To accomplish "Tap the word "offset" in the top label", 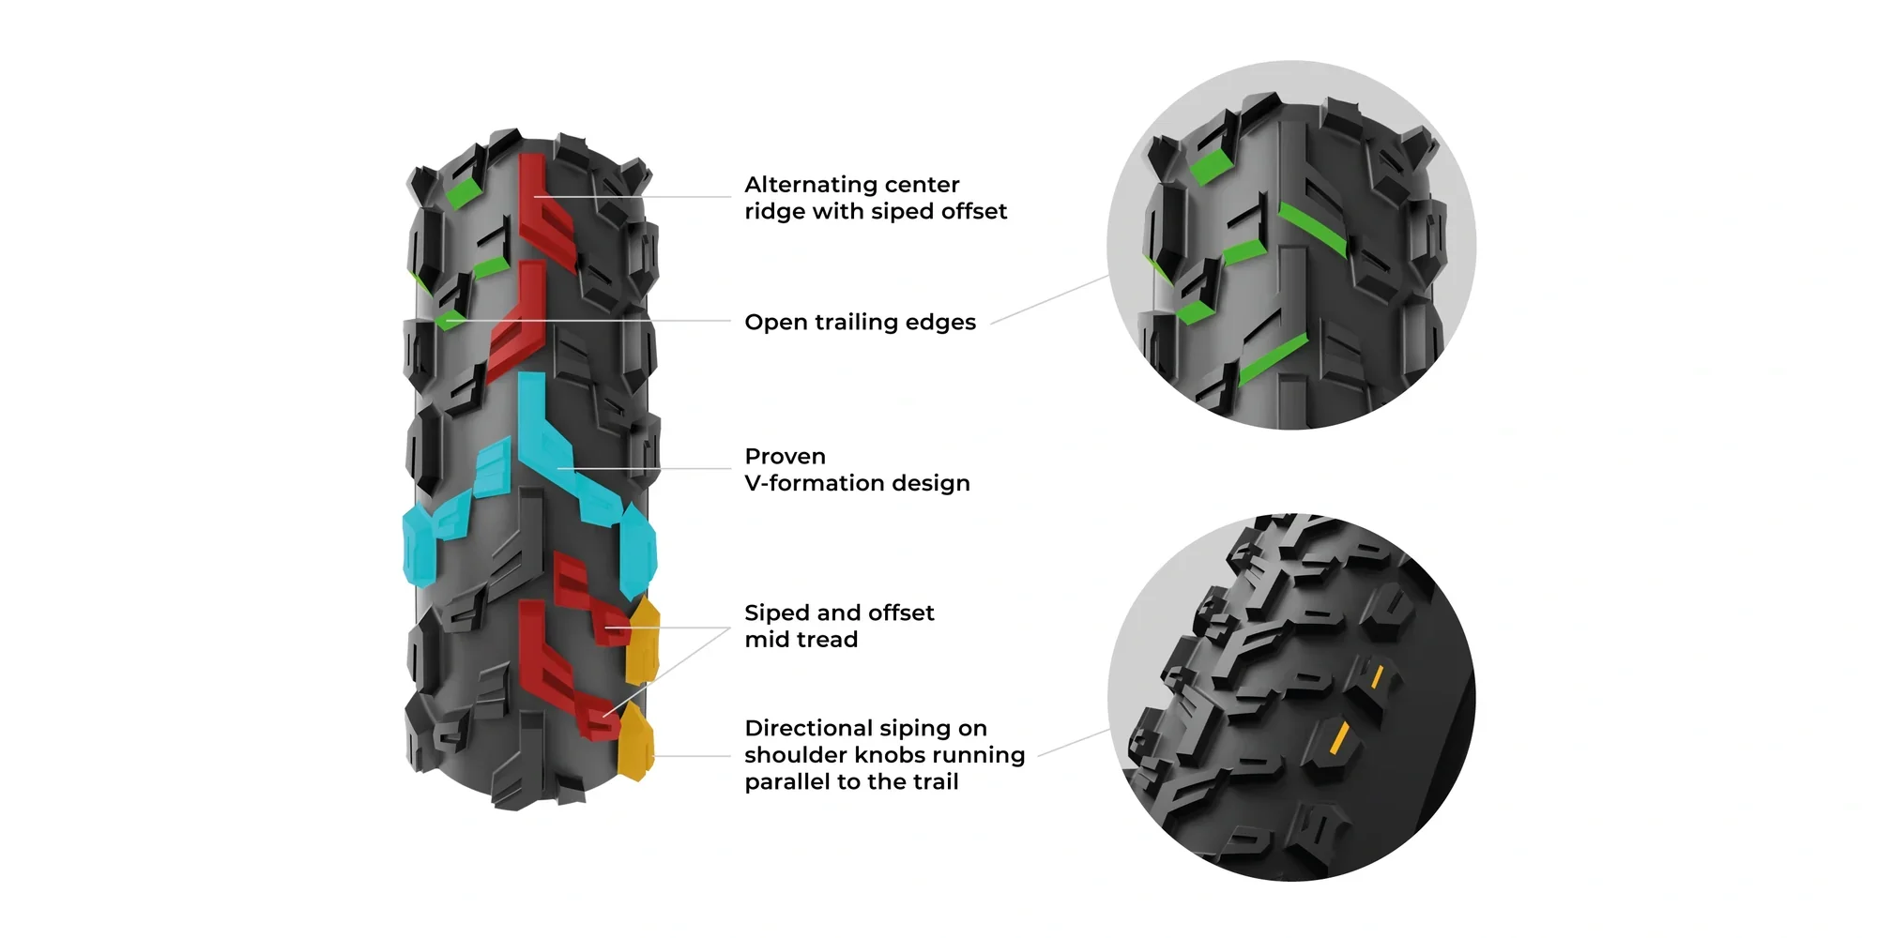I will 970,212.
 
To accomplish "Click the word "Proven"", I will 785,457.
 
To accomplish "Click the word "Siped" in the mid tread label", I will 775,613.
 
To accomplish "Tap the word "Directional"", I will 808,729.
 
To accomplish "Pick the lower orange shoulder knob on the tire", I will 635,743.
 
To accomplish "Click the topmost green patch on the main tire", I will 462,194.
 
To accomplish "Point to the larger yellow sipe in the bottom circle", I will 1339,738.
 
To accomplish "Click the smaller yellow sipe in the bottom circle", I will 1377,676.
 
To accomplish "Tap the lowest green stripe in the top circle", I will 1272,359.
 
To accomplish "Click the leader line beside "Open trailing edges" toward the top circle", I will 1049,300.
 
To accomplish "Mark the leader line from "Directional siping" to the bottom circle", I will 1075,742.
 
